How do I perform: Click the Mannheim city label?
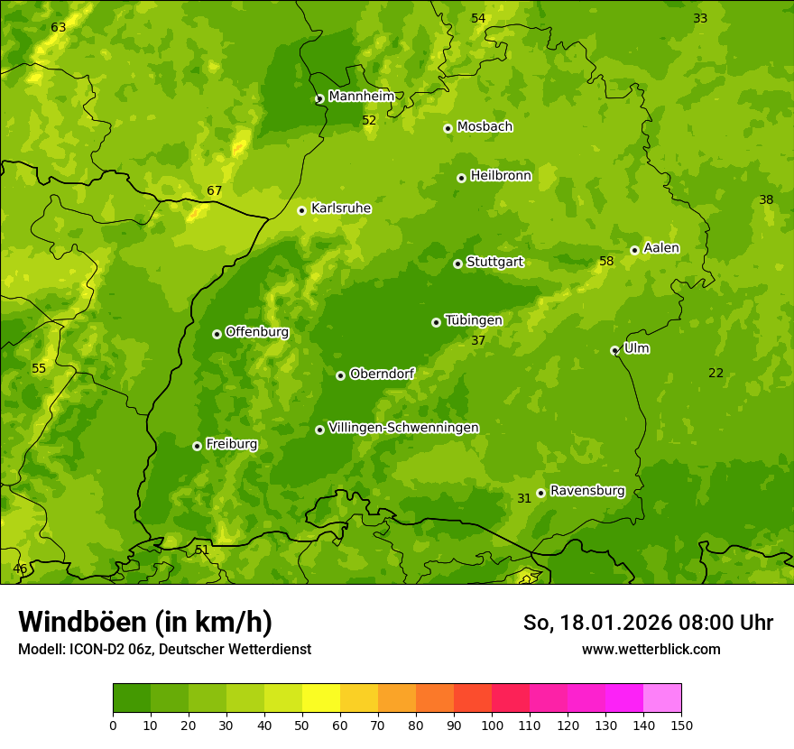tap(361, 96)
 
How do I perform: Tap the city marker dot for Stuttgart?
tap(457, 264)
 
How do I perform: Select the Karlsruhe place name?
tap(340, 208)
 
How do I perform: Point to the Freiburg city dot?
tap(197, 446)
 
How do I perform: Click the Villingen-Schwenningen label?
tap(403, 428)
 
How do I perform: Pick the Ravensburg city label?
tap(586, 491)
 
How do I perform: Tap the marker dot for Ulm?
tap(614, 350)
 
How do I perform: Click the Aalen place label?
tap(661, 248)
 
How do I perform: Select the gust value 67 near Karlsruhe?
tap(214, 191)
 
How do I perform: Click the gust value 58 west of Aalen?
tap(606, 262)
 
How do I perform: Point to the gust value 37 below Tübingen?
tap(478, 341)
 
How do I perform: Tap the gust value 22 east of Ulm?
tap(716, 374)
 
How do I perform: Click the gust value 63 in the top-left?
tap(59, 28)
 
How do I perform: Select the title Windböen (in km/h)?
tap(145, 622)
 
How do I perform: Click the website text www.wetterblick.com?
tap(651, 649)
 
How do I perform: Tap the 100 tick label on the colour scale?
tap(492, 725)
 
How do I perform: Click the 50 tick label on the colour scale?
tap(302, 725)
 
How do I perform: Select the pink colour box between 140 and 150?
tap(662, 698)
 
